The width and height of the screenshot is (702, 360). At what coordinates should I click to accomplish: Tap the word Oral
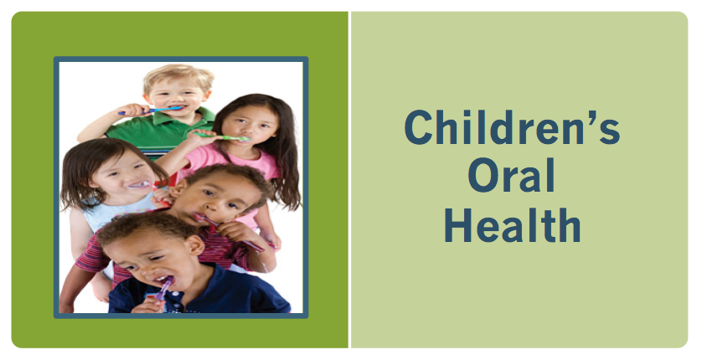pos(512,174)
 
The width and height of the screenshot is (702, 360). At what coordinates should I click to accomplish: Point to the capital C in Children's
pos(418,127)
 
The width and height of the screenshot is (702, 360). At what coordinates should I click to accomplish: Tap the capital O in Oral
pos(483,175)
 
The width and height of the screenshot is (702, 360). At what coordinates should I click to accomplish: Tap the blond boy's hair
pos(178,76)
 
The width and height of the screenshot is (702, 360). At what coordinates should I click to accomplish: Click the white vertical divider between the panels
pos(349,180)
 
